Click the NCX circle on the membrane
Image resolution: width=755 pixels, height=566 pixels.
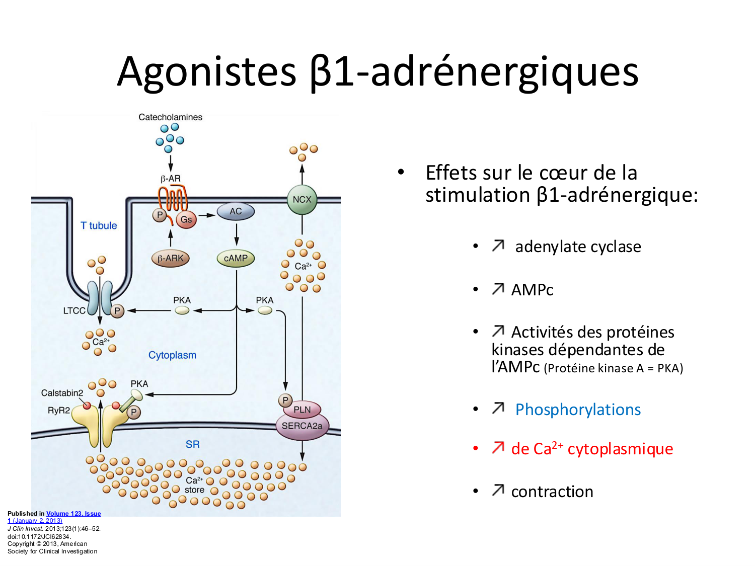tap(302, 199)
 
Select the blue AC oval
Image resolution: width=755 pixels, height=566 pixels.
tap(236, 211)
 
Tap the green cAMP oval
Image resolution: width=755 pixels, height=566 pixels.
tap(236, 258)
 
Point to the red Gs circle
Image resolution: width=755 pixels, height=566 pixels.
tap(186, 219)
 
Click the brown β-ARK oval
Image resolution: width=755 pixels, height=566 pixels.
tap(171, 258)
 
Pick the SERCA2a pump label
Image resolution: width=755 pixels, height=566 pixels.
tap(302, 426)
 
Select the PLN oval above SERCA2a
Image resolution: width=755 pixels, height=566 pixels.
tap(302, 410)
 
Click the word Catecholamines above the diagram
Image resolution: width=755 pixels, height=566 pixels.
tap(170, 117)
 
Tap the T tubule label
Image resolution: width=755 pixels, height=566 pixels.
tap(99, 225)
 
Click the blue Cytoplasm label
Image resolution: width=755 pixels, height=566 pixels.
tap(172, 355)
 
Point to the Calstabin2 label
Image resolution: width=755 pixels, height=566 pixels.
tap(62, 393)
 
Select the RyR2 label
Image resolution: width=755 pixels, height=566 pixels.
tap(59, 411)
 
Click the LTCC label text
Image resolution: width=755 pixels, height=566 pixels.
tap(74, 311)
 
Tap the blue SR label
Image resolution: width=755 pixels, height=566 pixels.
tap(192, 444)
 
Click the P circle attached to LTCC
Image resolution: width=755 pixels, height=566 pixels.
tap(117, 311)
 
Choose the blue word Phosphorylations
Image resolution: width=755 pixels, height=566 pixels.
tap(578, 410)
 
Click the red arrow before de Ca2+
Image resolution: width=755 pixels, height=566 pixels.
tap(498, 447)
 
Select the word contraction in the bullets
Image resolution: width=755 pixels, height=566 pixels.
tap(552, 492)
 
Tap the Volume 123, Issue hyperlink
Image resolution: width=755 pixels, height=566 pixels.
tap(73, 514)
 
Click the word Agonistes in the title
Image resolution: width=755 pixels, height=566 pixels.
tap(206, 71)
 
